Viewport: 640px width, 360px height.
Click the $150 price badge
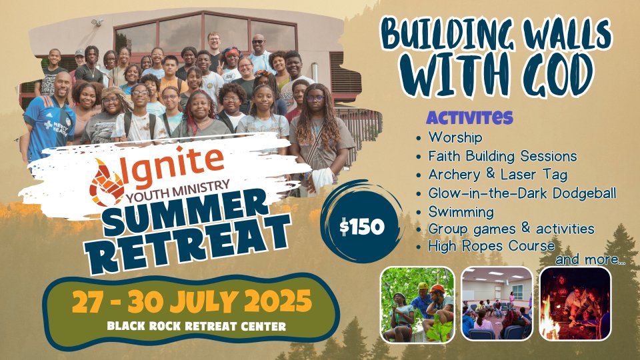[361, 226]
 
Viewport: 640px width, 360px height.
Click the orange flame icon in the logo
[106, 182]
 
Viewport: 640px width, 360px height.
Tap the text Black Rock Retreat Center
[196, 326]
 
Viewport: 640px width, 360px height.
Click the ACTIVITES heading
[469, 117]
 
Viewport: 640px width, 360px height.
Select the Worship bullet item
[455, 137]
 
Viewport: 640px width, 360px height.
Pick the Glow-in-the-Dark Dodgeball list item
[522, 193]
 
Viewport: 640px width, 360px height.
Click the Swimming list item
[461, 212]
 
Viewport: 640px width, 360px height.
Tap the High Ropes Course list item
[491, 246]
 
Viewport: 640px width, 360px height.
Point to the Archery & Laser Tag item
[497, 175]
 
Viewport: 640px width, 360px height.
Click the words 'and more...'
[590, 259]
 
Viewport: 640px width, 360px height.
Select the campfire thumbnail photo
[575, 304]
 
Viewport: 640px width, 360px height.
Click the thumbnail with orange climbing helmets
[417, 305]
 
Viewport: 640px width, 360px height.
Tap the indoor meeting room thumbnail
[497, 304]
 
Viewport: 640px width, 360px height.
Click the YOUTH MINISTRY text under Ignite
[178, 191]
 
